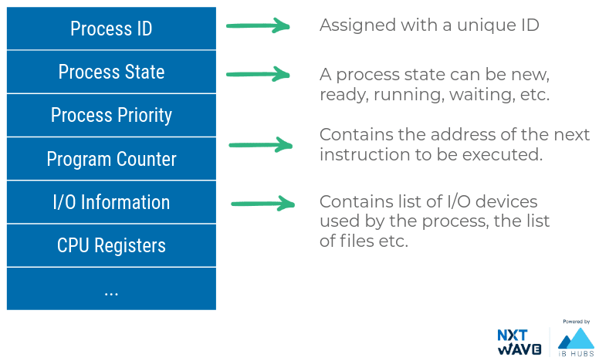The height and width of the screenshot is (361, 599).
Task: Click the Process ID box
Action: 111,29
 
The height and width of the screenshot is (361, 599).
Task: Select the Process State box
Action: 111,72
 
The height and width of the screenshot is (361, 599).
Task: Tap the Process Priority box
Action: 111,116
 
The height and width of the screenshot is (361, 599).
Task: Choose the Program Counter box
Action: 111,159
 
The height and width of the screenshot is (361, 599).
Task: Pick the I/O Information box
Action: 111,202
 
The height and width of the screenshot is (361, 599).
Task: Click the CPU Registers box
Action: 111,245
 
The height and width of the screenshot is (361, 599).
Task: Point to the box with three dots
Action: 111,289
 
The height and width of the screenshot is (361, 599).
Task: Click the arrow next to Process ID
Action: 257,27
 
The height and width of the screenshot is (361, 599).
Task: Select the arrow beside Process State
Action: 257,75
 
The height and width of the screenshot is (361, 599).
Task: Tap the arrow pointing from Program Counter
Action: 261,144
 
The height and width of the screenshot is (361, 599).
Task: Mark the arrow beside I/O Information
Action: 263,204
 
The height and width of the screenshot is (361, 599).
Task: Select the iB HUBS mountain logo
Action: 575,339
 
